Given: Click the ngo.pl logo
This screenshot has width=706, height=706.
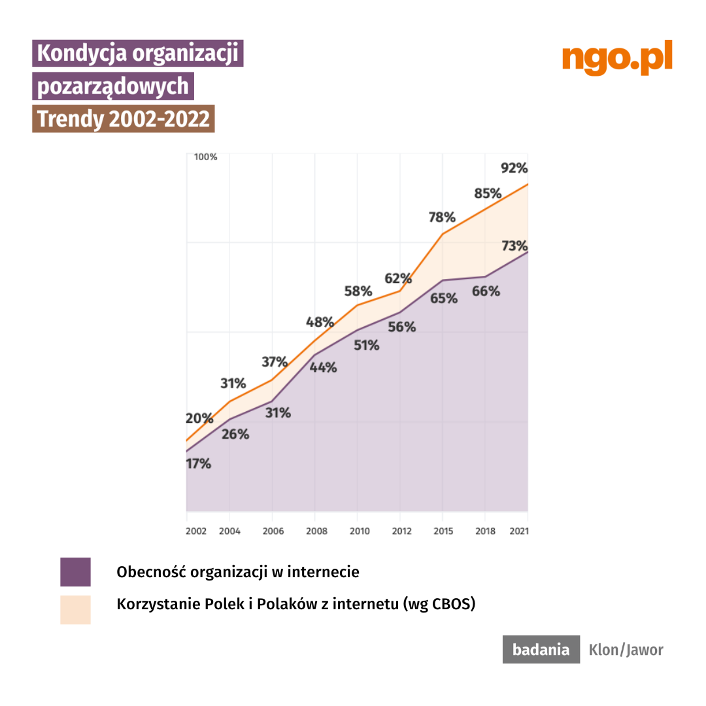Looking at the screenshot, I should [x=617, y=59].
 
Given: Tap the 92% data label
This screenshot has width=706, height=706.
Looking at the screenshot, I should [x=514, y=168].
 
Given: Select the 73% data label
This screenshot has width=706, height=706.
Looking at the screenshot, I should [x=514, y=246].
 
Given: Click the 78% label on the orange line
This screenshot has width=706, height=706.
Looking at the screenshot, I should [x=442, y=218].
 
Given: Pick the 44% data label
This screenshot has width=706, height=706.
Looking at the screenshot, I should [x=323, y=367].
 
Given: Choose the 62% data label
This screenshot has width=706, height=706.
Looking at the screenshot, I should [x=397, y=278].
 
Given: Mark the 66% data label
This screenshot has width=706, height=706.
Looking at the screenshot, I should [x=486, y=292].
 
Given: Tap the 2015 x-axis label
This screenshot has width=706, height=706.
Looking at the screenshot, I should [x=443, y=531].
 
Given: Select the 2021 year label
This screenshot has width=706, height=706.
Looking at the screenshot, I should [x=518, y=531].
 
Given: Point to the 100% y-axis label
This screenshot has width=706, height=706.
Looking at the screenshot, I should [x=206, y=157].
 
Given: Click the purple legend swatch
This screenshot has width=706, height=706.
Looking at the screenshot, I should [x=75, y=572].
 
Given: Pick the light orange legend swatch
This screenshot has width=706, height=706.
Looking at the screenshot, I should [x=75, y=609].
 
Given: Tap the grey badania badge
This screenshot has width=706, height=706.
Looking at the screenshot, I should [x=541, y=650].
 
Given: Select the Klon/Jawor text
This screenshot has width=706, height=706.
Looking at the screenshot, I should [x=626, y=650].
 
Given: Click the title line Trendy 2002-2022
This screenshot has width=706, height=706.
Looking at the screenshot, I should [x=124, y=119].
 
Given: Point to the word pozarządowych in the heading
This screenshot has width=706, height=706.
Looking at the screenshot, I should [x=113, y=86].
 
